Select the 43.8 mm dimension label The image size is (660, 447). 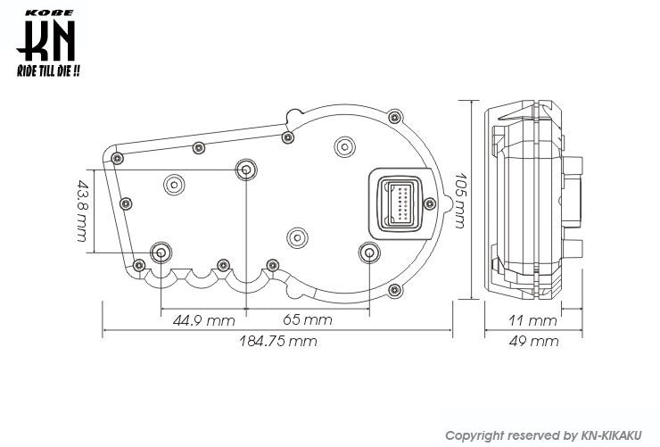click(x=82, y=211)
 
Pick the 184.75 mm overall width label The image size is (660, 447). click(x=277, y=341)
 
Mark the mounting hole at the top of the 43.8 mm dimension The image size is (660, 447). click(x=245, y=170)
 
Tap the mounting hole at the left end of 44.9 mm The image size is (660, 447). click(x=161, y=252)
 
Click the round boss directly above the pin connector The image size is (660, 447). click(x=344, y=145)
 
